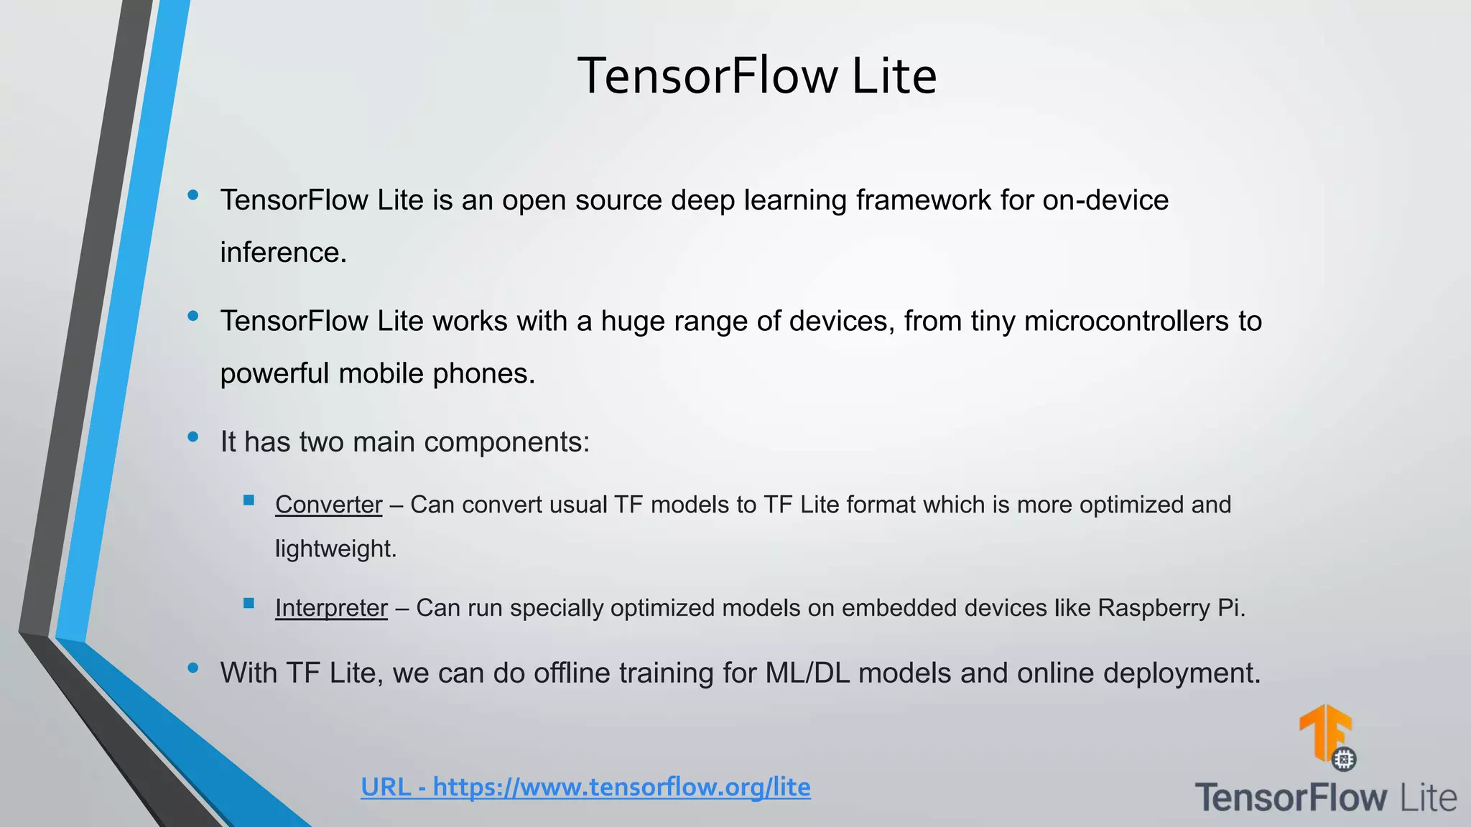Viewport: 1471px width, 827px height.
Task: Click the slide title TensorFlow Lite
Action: (757, 76)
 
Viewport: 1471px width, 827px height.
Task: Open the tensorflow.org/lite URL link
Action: (585, 787)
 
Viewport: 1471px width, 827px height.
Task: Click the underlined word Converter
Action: (328, 505)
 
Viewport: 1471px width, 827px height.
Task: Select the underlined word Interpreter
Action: (331, 608)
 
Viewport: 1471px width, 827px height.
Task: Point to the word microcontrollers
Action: (1126, 321)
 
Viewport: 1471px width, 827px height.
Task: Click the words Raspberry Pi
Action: (1170, 608)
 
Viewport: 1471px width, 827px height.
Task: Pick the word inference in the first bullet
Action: (282, 253)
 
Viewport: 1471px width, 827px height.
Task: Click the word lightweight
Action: (335, 549)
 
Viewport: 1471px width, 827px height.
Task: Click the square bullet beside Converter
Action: (249, 500)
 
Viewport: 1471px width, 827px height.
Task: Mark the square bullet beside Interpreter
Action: (249, 604)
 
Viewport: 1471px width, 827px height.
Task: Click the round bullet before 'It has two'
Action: (192, 436)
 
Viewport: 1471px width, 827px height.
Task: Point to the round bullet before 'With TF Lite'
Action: (192, 668)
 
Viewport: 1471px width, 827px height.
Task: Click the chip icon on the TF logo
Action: (1344, 759)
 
